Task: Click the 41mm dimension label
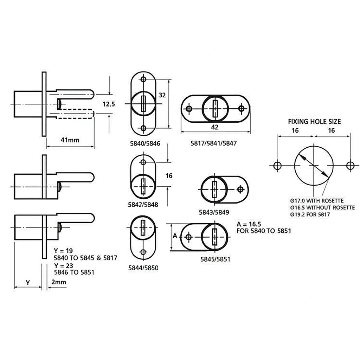pyautogui.click(x=70, y=140)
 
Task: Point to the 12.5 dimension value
pyautogui.click(x=109, y=104)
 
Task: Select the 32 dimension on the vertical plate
pyautogui.click(x=162, y=95)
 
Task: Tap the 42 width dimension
pyautogui.click(x=215, y=127)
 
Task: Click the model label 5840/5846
pyautogui.click(x=145, y=144)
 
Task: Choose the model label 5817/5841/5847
pyautogui.click(x=213, y=143)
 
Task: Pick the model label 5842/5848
pyautogui.click(x=143, y=205)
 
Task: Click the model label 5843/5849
pyautogui.click(x=214, y=212)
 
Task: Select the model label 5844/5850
pyautogui.click(x=143, y=268)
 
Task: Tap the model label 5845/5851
pyautogui.click(x=215, y=259)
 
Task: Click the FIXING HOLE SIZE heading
pyautogui.click(x=315, y=122)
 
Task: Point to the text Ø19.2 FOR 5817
pyautogui.click(x=310, y=215)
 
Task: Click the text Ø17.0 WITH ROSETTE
pyautogui.click(x=317, y=201)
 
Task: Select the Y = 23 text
pyautogui.click(x=64, y=266)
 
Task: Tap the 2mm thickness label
pyautogui.click(x=59, y=282)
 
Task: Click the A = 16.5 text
pyautogui.click(x=249, y=224)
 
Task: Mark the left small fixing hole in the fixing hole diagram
pyautogui.click(x=278, y=165)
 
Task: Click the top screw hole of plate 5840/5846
pyautogui.click(x=143, y=79)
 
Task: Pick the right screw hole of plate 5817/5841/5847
pyautogui.click(x=241, y=108)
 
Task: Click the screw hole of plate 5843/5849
pyautogui.click(x=240, y=189)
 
